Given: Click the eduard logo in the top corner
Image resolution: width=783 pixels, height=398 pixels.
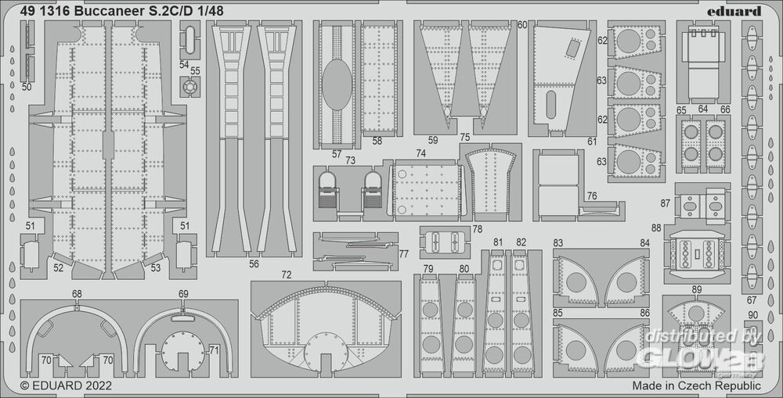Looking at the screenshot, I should (x=738, y=11).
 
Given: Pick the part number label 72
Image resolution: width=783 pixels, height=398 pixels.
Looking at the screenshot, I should (x=287, y=275).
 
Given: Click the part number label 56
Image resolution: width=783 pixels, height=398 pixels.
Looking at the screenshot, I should (x=254, y=264).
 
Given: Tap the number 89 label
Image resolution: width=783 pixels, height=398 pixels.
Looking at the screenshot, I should (x=697, y=290).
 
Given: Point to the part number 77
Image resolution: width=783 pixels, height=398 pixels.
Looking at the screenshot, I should (x=403, y=254).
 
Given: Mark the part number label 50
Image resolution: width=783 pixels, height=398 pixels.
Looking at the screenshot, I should (x=27, y=87).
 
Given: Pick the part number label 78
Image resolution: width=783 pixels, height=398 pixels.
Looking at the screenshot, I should (x=477, y=228).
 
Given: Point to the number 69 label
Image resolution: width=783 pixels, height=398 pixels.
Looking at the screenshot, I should (x=183, y=294).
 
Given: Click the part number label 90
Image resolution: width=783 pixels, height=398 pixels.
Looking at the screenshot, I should (x=752, y=315).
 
